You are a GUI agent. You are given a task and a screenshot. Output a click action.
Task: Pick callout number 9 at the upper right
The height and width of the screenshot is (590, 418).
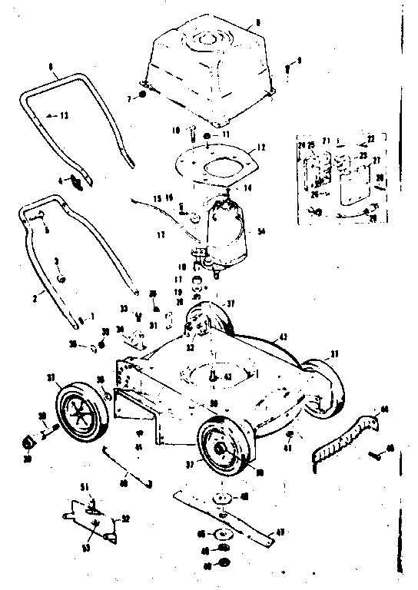[300, 59]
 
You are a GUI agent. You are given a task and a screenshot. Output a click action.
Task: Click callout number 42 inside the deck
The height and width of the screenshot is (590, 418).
[227, 378]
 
